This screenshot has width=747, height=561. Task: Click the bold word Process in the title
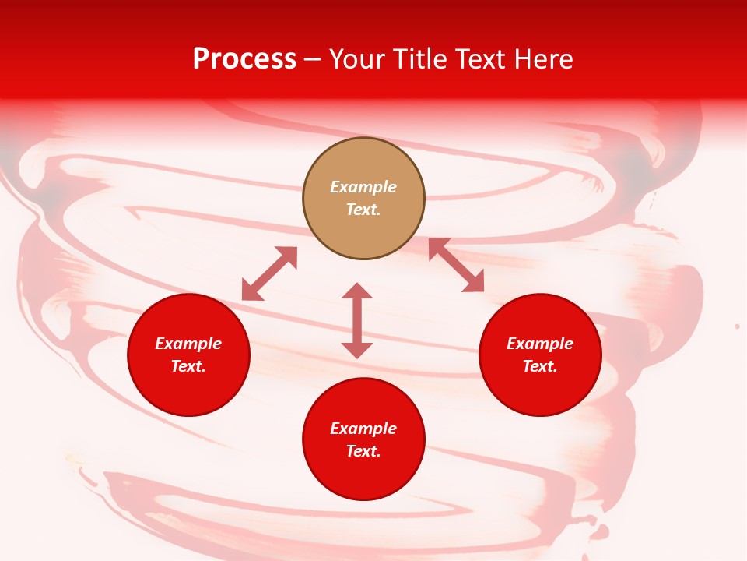244,59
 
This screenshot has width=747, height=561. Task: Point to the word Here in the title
544,59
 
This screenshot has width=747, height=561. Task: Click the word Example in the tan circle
363,187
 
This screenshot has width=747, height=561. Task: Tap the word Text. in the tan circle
363,210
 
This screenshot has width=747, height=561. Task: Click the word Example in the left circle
188,344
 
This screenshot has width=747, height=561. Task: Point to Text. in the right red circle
540,366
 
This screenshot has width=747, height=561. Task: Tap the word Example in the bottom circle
363,429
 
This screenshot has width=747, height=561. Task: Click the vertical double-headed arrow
357,320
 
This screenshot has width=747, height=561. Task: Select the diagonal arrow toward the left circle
269,273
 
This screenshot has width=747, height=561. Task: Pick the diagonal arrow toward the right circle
456,265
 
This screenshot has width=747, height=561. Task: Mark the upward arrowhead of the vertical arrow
357,291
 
